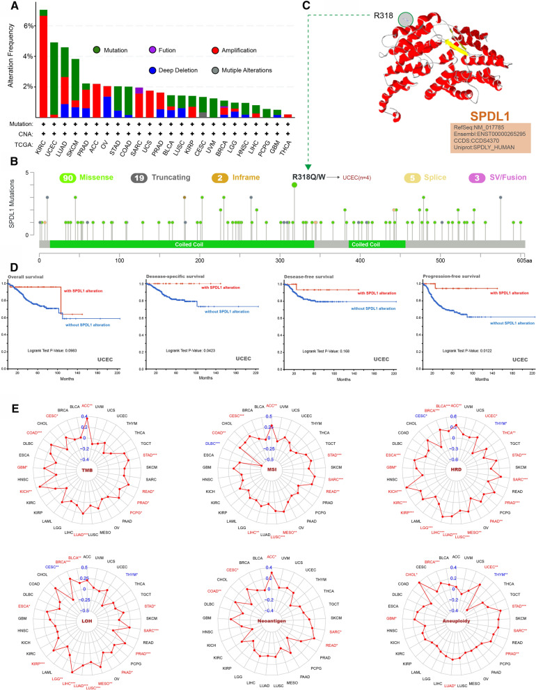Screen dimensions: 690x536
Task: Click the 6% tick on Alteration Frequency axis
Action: coord(29,26)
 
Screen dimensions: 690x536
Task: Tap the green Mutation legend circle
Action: coord(97,50)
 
